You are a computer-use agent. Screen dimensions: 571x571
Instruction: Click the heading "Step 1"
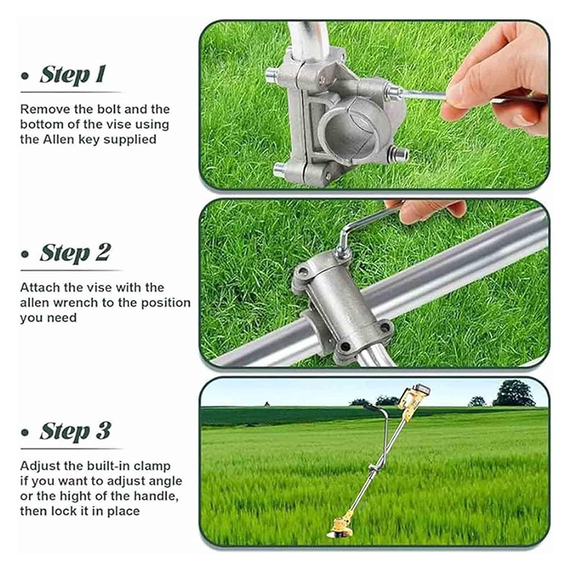(x=74, y=75)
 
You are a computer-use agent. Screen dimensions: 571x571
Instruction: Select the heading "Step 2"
(x=75, y=253)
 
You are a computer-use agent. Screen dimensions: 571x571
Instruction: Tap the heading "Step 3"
(x=76, y=431)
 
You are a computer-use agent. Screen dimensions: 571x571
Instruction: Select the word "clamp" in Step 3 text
(x=152, y=467)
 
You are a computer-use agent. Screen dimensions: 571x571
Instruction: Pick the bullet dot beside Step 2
(x=25, y=254)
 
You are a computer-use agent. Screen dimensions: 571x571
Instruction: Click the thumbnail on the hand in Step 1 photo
(x=525, y=119)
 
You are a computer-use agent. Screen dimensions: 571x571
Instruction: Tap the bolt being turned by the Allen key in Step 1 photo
(x=393, y=91)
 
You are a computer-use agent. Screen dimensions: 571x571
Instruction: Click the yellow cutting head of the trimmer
(x=341, y=527)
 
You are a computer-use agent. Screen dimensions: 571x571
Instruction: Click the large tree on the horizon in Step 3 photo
(x=514, y=393)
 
